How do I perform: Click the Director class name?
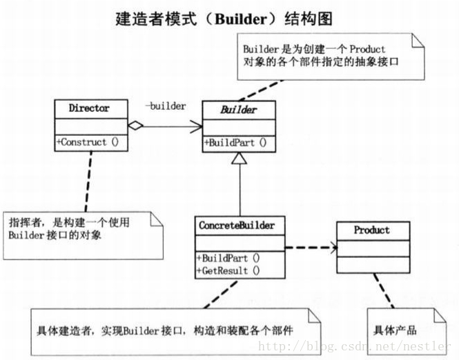coord(89,108)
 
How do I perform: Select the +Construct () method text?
coord(89,142)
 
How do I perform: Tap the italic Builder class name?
coord(239,110)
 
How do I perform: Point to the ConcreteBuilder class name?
coord(237,225)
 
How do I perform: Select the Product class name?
coord(371,230)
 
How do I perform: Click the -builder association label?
coord(166,106)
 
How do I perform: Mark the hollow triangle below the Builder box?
coord(239,159)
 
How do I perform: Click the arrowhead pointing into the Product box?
coord(332,246)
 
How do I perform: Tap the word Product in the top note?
coord(367,49)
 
